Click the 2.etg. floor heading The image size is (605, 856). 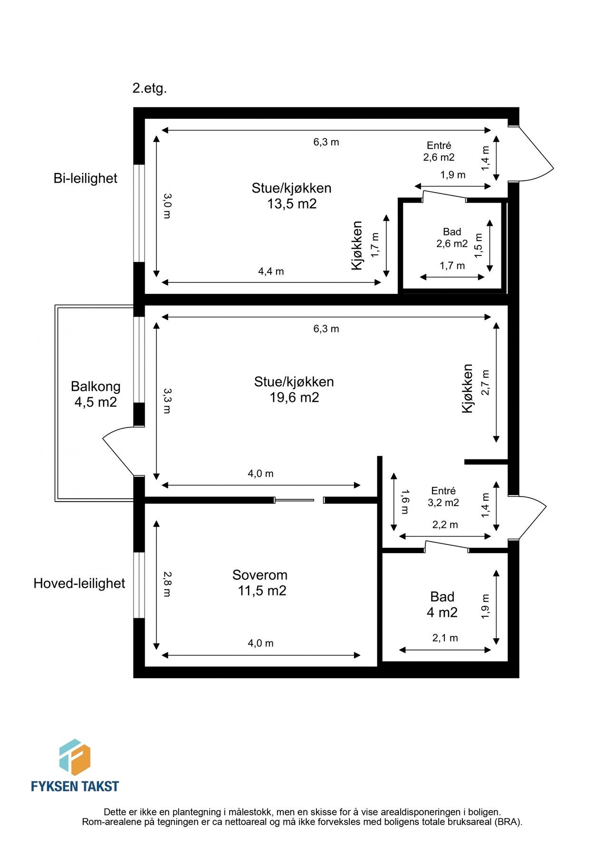[x=150, y=88]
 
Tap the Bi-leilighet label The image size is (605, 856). [x=85, y=178]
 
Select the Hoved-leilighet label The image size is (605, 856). [x=79, y=584]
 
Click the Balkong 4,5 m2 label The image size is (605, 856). [x=96, y=394]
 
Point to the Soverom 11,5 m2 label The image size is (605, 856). [x=260, y=583]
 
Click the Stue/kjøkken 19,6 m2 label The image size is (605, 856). [x=294, y=389]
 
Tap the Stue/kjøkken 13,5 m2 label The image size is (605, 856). [x=291, y=195]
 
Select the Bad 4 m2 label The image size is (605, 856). [x=442, y=604]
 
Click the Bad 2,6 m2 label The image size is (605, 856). [x=452, y=238]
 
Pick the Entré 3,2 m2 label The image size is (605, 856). [x=443, y=496]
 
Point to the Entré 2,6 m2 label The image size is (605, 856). [x=439, y=151]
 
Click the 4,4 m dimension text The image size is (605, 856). [x=271, y=272]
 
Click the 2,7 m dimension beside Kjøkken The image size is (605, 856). [x=485, y=382]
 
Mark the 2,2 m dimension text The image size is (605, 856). [x=445, y=525]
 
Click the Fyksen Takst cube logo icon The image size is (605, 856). [x=75, y=757]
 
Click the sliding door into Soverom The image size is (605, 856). [x=295, y=500]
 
